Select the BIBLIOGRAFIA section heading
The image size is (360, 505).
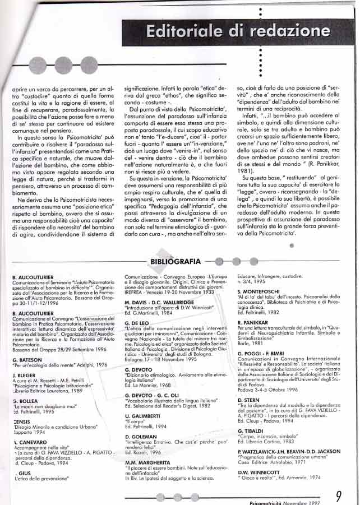176,261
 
